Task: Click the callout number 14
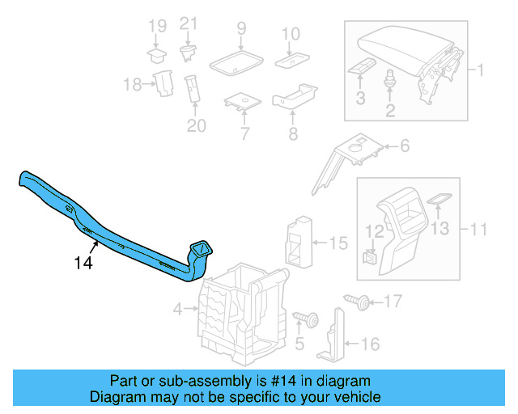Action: [83, 263]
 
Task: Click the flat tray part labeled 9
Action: [235, 61]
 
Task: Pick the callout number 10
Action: [291, 34]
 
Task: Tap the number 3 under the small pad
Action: [360, 98]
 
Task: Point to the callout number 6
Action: [404, 146]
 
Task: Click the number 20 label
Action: [196, 125]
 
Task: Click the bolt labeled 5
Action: [308, 318]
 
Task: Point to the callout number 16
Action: [369, 344]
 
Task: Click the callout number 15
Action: [338, 242]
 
